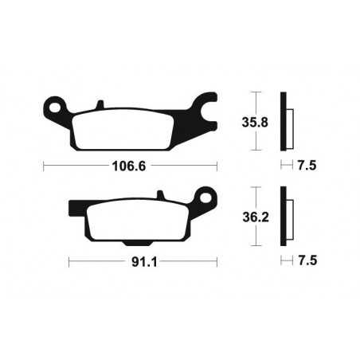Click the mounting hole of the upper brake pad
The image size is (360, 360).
[54, 104]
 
